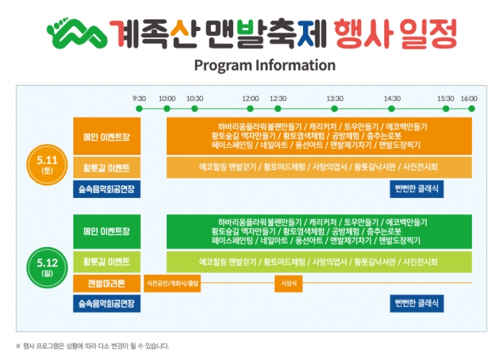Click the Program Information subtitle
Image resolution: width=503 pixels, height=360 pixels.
264,66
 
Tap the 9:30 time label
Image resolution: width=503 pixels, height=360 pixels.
140,98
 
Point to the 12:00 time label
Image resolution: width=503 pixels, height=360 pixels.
250,98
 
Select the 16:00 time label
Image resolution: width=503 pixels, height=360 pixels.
468,98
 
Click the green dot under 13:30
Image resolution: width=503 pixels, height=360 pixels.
335,109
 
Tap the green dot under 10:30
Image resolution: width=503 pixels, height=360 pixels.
194,109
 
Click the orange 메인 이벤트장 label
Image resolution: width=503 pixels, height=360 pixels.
107,135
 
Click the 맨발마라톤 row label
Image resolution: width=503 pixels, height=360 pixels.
107,283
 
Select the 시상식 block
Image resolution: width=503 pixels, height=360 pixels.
288,283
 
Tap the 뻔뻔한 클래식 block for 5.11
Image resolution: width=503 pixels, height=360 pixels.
417,189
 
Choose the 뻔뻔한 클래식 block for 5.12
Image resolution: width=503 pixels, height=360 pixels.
417,303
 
